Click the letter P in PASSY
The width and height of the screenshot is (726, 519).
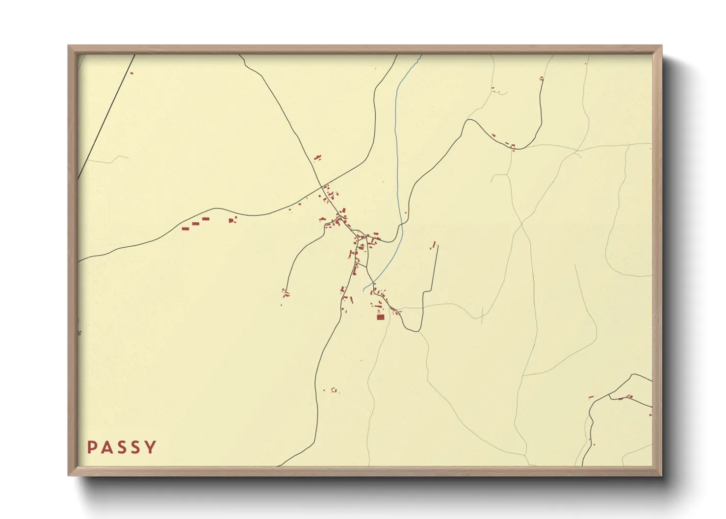pyautogui.click(x=92, y=447)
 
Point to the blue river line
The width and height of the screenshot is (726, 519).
pyautogui.click(x=396, y=147)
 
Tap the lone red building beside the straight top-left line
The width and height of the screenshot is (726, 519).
pyautogui.click(x=131, y=73)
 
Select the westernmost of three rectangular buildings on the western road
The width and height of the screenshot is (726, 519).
pyautogui.click(x=185, y=229)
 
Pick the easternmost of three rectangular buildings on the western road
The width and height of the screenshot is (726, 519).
pyautogui.click(x=206, y=218)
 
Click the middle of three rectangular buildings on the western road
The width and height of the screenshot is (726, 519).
pyautogui.click(x=196, y=224)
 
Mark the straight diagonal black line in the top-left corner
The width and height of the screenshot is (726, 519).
pyautogui.click(x=105, y=118)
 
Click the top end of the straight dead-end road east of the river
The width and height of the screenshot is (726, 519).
pyautogui.click(x=437, y=245)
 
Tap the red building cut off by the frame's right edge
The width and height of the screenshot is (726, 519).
pyautogui.click(x=650, y=415)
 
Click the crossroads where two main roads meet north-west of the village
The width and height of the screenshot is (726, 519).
pyautogui.click(x=323, y=187)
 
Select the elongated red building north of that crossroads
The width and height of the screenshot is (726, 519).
pyautogui.click(x=317, y=157)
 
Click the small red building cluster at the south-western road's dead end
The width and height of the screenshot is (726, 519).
pyautogui.click(x=285, y=294)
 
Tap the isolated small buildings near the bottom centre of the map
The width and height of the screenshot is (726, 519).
pyautogui.click(x=334, y=390)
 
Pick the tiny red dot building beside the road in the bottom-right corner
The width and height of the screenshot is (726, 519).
pyautogui.click(x=594, y=444)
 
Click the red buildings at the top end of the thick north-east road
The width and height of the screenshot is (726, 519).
pyautogui.click(x=542, y=78)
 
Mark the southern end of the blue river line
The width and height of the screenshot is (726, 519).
pyautogui.click(x=364, y=290)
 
